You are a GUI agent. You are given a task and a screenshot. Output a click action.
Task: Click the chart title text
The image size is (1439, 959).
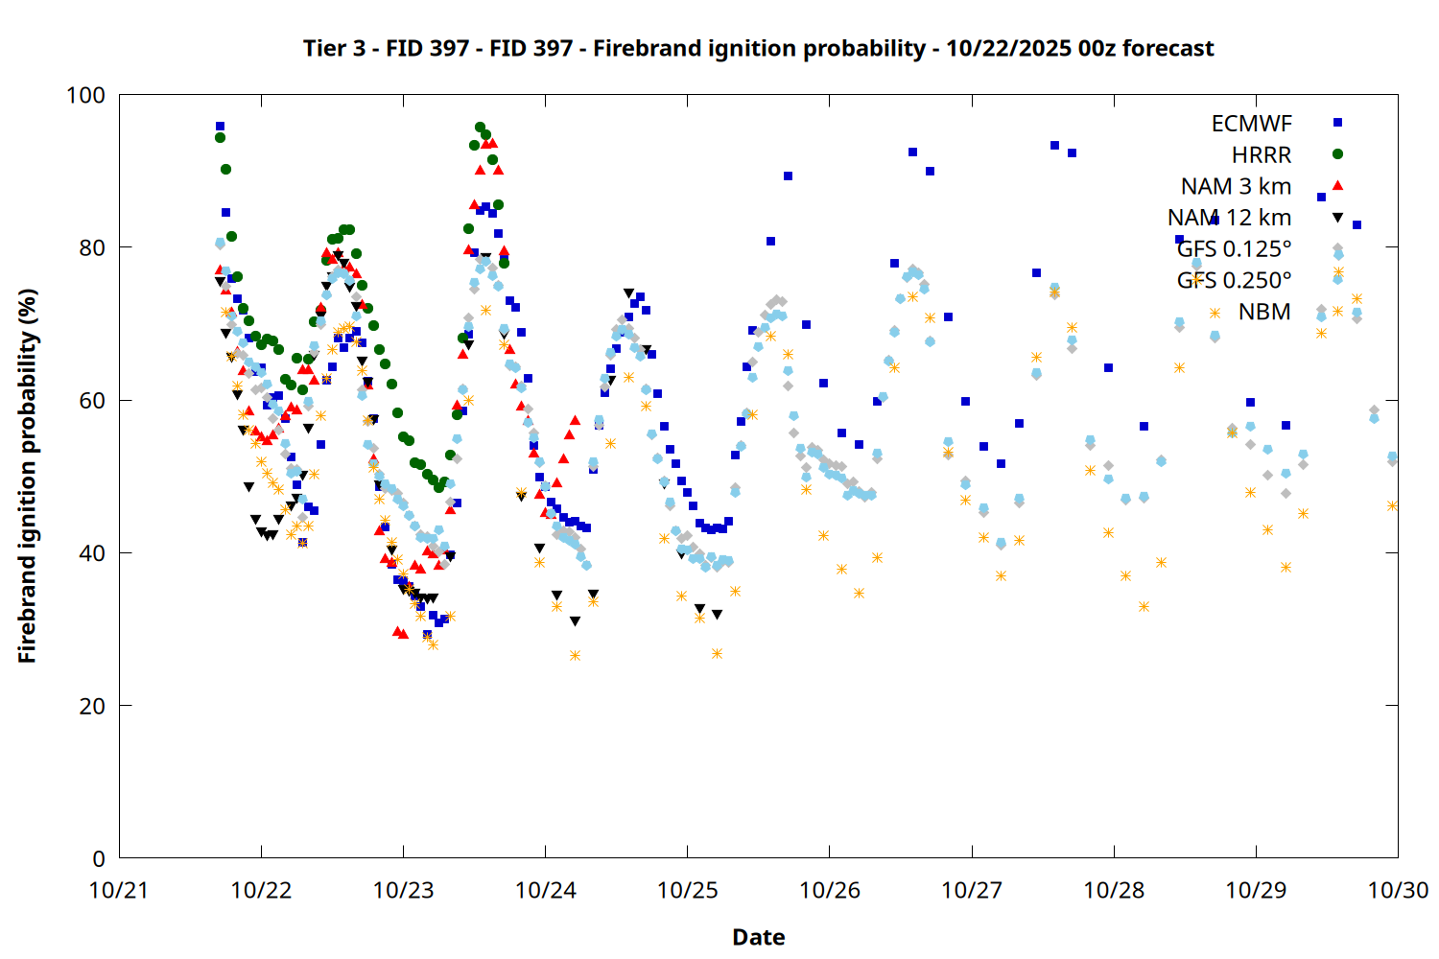(x=758, y=48)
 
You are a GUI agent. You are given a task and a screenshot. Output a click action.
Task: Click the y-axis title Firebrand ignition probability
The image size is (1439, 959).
(x=27, y=476)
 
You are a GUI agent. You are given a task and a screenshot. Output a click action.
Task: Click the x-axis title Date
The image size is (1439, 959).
(x=758, y=937)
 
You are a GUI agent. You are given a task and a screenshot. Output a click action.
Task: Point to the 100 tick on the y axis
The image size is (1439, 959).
(x=85, y=95)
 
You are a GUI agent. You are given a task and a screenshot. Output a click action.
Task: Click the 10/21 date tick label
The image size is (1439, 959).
(x=119, y=890)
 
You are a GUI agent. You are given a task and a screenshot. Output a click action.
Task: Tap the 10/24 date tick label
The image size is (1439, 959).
(x=545, y=890)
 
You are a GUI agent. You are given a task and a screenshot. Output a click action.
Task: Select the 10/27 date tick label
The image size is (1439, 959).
(x=972, y=890)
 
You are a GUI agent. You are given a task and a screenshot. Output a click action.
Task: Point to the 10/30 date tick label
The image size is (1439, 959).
(x=1398, y=890)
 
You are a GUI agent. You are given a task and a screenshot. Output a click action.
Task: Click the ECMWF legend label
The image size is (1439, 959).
(x=1251, y=124)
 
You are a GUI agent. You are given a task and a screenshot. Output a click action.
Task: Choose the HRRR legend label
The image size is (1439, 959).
(x=1262, y=155)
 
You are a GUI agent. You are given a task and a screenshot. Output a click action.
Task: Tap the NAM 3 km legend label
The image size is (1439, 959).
(x=1236, y=186)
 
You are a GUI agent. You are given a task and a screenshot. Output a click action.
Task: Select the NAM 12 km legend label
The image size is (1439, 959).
(x=1229, y=218)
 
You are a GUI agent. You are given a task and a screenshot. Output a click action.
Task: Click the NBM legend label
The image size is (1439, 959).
(x=1264, y=312)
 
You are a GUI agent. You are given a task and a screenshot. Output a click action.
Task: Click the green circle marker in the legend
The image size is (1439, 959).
(x=1337, y=154)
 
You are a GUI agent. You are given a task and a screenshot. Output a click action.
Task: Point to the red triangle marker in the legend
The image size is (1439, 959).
(x=1337, y=185)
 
